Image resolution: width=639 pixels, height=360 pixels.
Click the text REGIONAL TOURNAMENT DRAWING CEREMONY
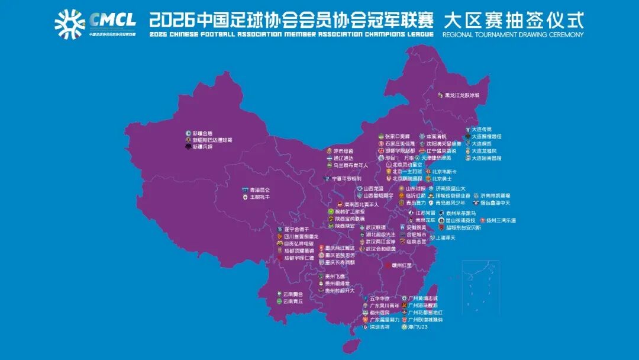click(512, 34)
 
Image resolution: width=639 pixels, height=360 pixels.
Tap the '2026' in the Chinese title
click(172, 21)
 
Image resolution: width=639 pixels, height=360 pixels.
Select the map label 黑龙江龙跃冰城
click(462, 95)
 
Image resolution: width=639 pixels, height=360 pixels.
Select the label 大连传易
click(482, 128)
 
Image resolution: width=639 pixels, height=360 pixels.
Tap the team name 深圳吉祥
click(380, 326)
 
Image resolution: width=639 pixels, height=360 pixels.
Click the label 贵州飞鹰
click(335, 277)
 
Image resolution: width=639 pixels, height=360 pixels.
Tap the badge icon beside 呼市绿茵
click(330, 151)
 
